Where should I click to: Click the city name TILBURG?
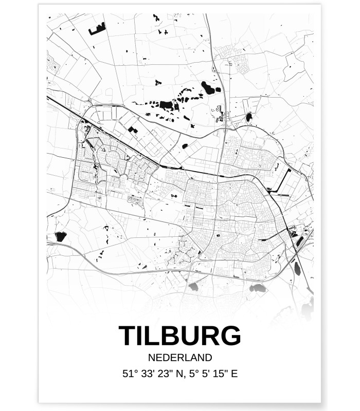[x=179, y=336]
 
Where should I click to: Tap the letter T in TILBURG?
[x=128, y=336]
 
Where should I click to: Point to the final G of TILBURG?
[x=230, y=336]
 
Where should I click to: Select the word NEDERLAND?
[x=179, y=357]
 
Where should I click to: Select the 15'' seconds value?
[x=220, y=373]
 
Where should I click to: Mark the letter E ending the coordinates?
[x=234, y=373]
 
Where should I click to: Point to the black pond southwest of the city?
[x=61, y=237]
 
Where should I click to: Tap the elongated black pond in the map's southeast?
[x=297, y=268]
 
